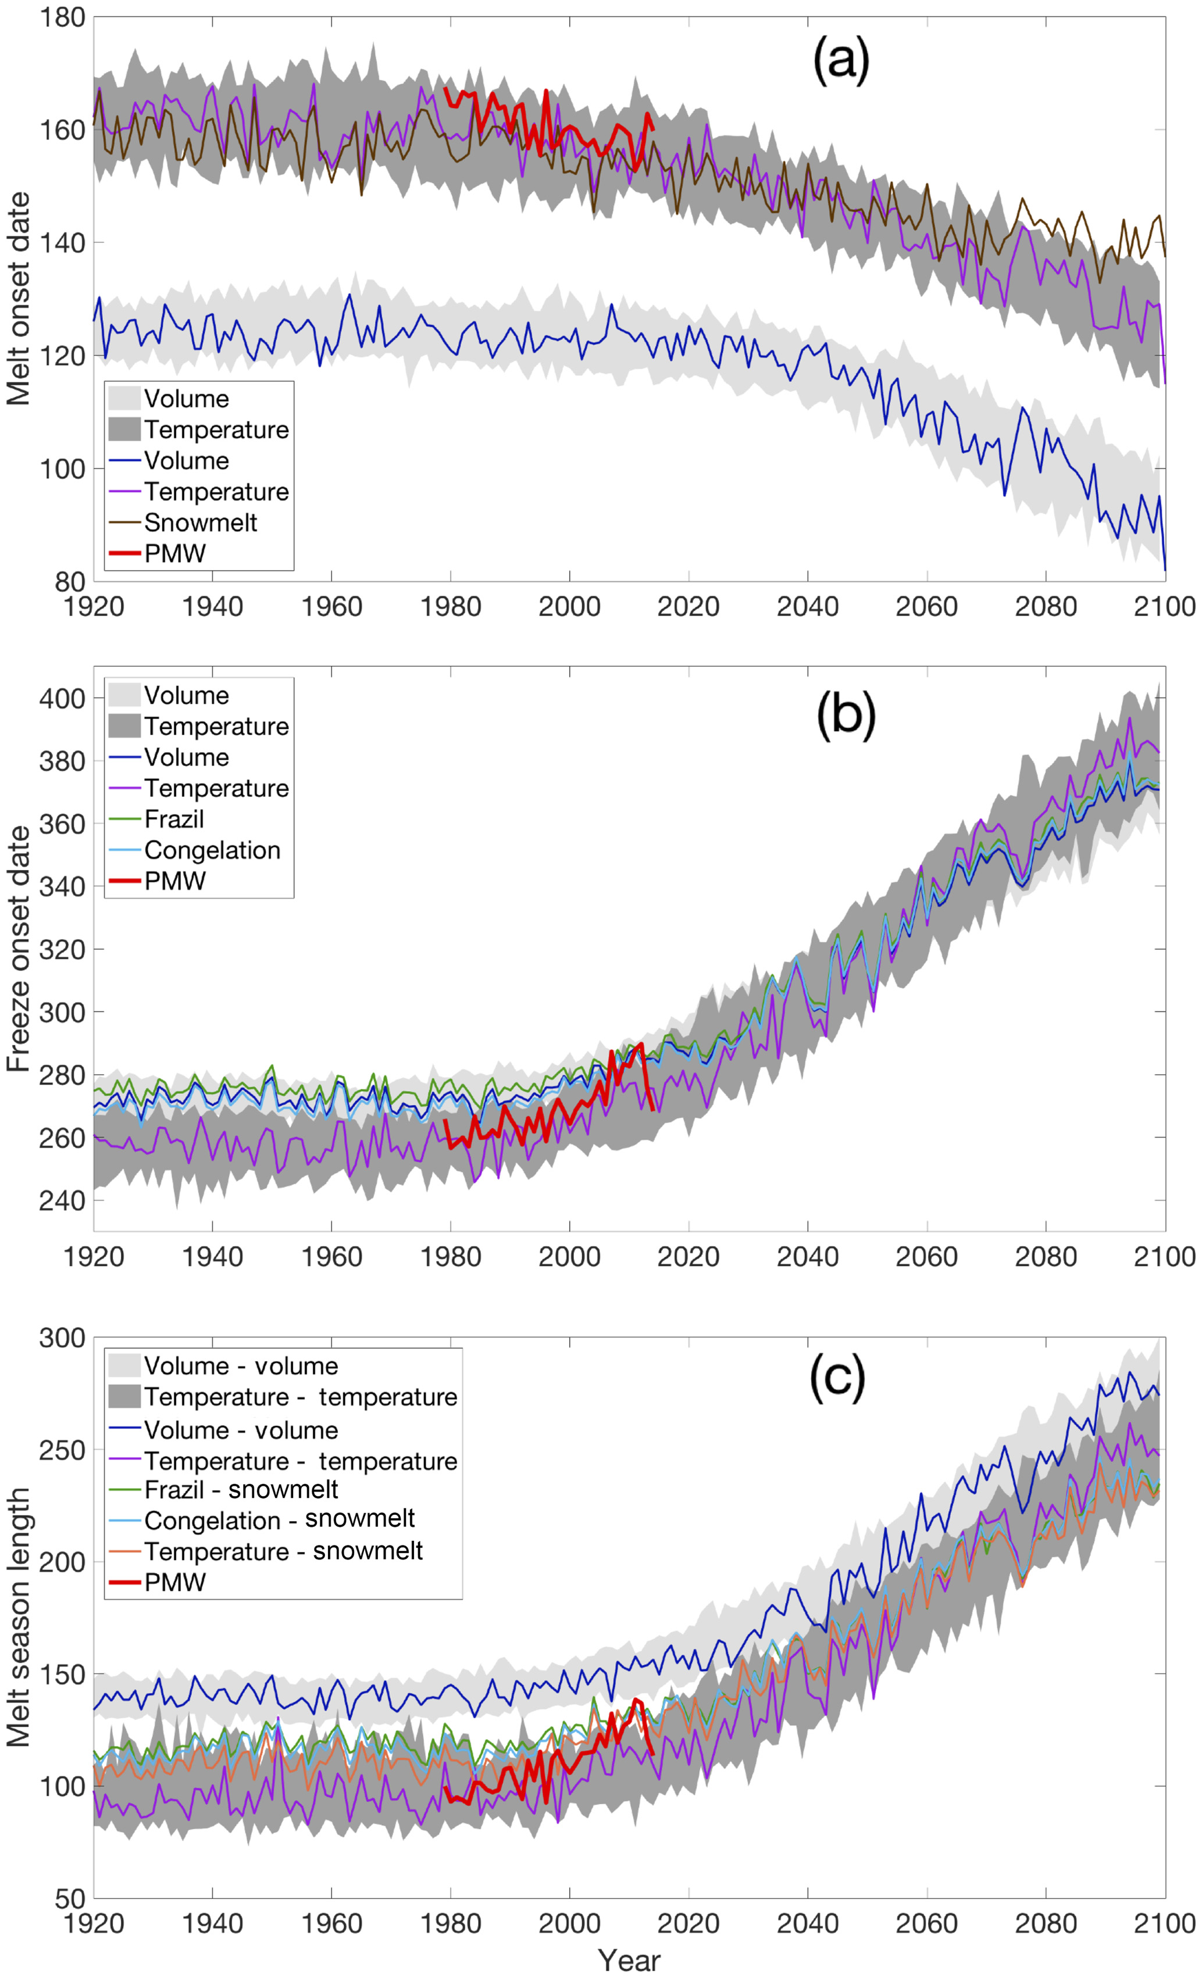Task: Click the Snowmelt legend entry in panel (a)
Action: tap(200, 523)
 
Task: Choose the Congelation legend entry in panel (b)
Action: tap(212, 850)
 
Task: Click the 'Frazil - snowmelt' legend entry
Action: tap(241, 1489)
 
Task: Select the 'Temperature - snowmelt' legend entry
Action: tap(283, 1551)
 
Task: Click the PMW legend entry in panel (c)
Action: tap(174, 1582)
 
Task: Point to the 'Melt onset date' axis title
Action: tap(17, 299)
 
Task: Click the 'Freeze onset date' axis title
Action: tap(17, 948)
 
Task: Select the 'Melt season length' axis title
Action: tap(17, 1618)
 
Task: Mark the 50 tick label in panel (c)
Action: tap(70, 1900)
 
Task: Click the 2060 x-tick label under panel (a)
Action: tap(926, 607)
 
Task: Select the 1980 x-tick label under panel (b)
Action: tap(451, 1256)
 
